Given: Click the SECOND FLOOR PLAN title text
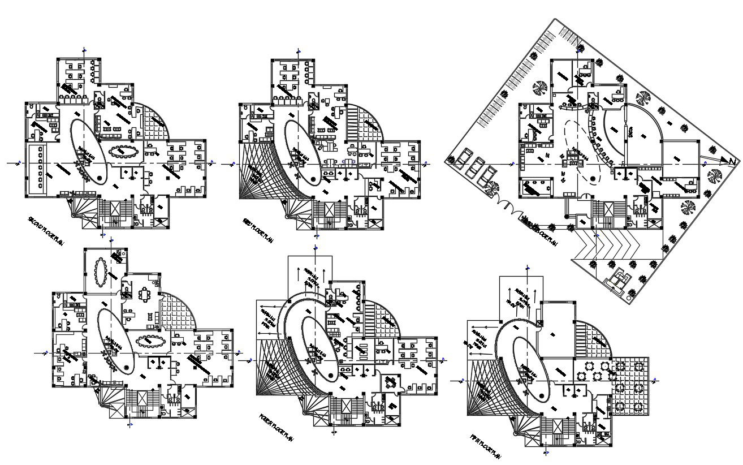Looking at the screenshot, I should click(x=45, y=231).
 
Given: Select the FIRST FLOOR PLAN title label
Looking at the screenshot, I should click(x=258, y=231).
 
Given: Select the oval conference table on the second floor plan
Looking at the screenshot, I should click(x=123, y=152).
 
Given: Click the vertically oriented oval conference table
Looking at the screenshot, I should click(x=101, y=272).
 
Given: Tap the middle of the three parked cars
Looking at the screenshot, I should click(x=474, y=166).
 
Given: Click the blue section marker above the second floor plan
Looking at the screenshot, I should click(x=85, y=50).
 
